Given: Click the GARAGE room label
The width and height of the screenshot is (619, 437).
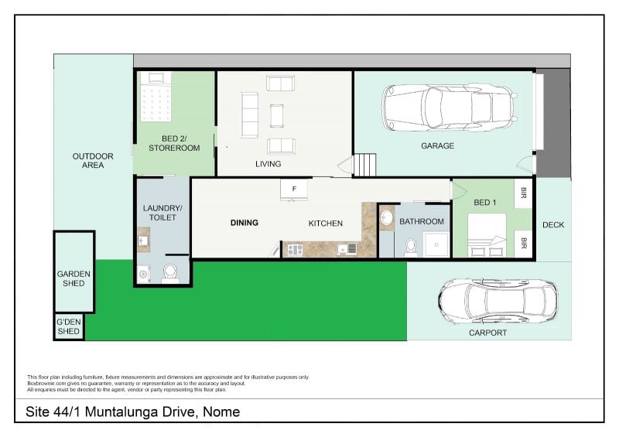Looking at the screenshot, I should point(437,145).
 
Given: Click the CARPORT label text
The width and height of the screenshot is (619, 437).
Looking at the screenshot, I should point(487,333).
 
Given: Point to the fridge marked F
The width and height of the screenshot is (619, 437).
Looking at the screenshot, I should point(293,189).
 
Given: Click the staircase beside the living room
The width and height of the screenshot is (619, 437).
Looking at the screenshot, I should point(364,165).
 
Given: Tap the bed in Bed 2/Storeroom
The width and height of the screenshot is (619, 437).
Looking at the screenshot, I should point(158,98).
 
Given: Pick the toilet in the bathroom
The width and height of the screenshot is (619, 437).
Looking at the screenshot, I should point(410,246).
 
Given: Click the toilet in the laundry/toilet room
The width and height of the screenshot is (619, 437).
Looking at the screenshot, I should point(170,271).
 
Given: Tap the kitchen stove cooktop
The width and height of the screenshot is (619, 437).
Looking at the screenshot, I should point(295,248).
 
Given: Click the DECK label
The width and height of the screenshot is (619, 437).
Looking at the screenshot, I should point(553,225).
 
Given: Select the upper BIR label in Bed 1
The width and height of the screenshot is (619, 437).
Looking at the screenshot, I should point(524,192).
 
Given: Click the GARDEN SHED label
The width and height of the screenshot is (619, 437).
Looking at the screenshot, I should point(74,278).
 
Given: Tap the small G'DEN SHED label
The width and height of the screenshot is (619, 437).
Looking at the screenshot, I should point(68,327).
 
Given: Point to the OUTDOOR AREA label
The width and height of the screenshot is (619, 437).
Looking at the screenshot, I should point(93,160).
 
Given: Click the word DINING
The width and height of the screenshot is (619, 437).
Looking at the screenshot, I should point(245,223).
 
